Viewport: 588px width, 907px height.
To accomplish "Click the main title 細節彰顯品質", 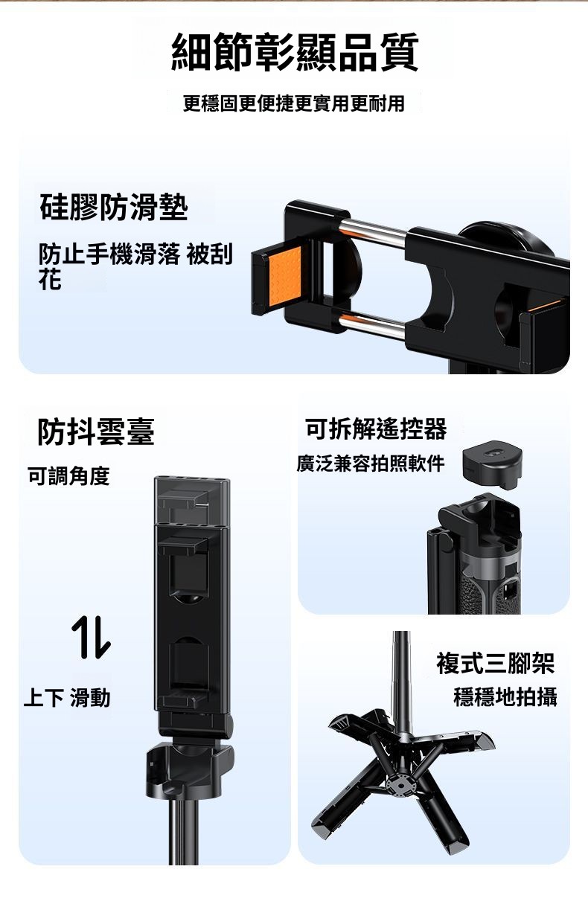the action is [295, 52].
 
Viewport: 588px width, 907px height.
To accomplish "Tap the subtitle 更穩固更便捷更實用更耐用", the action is [294, 103].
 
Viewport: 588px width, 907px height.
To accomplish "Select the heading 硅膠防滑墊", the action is [114, 207].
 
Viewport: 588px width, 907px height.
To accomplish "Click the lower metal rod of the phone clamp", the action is [373, 323].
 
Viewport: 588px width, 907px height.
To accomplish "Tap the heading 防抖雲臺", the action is [96, 432].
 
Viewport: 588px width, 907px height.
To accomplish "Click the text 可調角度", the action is [68, 475].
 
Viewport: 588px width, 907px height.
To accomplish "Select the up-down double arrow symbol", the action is [91, 636].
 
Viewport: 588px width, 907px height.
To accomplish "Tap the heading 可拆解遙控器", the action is [376, 429].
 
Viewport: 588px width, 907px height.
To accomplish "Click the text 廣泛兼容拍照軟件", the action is [371, 464].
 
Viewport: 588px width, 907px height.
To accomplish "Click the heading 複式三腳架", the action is [495, 663].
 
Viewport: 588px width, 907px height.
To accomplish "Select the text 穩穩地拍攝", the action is [505, 697].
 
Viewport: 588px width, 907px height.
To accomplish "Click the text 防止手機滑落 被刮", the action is [135, 255].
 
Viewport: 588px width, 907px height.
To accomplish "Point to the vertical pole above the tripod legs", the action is [401, 685].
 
